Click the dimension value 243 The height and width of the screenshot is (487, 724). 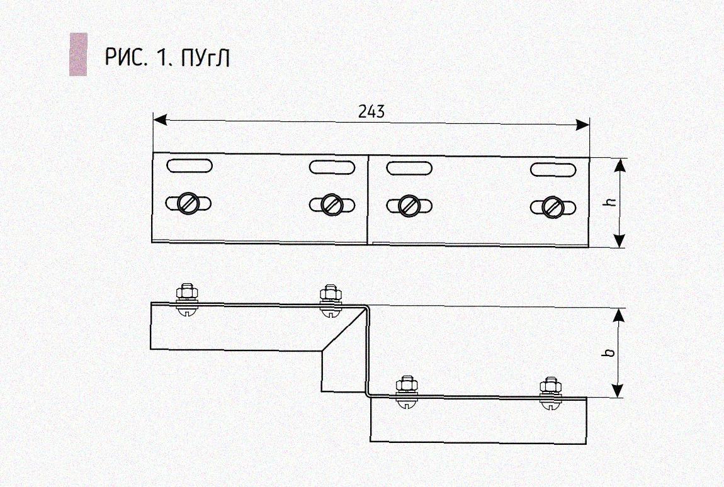click(371, 111)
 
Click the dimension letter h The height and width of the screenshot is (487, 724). click(611, 202)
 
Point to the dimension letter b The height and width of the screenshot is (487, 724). click(609, 352)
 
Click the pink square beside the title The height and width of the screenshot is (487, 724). click(78, 54)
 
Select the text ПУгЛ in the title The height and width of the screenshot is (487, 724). click(205, 58)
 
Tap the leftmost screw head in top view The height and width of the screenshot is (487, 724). click(188, 203)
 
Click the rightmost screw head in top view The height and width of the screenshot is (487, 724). click(553, 207)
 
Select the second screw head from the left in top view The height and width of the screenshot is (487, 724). click(332, 204)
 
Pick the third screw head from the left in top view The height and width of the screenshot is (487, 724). click(409, 205)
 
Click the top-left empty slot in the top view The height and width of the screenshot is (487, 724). click(189, 165)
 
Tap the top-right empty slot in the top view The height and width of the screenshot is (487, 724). click(553, 170)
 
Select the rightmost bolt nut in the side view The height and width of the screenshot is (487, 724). click(551, 386)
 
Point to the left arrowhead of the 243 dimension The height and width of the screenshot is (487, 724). click(160, 120)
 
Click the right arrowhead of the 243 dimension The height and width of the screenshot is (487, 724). click(582, 124)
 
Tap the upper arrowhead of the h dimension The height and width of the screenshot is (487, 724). click(619, 166)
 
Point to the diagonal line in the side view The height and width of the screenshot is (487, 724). click(344, 328)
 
